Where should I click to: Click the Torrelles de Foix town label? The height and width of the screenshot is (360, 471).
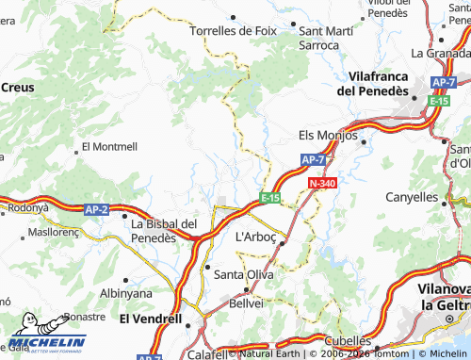click(x=234, y=30)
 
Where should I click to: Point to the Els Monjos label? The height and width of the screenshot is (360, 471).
click(x=327, y=135)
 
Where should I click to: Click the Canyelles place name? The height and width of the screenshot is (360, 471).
click(x=412, y=197)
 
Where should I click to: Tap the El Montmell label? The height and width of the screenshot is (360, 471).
click(x=109, y=147)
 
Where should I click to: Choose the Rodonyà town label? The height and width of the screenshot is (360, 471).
click(x=27, y=207)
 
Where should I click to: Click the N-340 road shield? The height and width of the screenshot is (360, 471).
click(x=320, y=182)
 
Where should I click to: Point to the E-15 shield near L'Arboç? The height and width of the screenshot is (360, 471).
click(x=270, y=197)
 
